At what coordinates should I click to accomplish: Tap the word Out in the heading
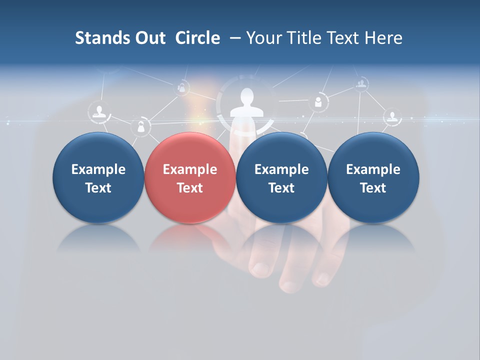pyautogui.click(x=148, y=38)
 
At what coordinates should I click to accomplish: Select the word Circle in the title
pyautogui.click(x=197, y=38)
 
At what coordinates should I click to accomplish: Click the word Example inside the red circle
pyautogui.click(x=190, y=169)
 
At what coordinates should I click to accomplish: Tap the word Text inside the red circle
pyautogui.click(x=190, y=188)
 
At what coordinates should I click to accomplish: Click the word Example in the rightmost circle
pyautogui.click(x=373, y=169)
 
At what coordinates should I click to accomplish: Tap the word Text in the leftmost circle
pyautogui.click(x=98, y=188)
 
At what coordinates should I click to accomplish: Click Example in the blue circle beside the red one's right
pyautogui.click(x=281, y=169)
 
